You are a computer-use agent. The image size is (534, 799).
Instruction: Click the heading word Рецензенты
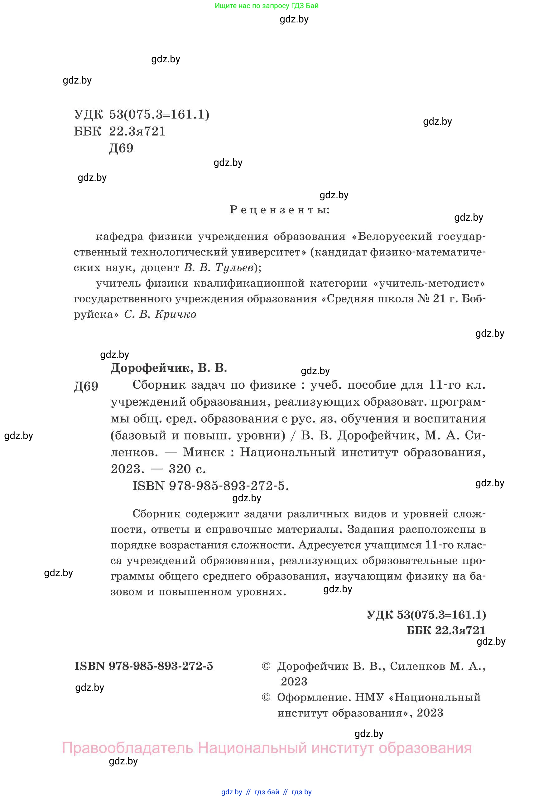pyautogui.click(x=280, y=210)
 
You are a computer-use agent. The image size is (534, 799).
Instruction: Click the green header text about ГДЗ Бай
pyautogui.click(x=266, y=6)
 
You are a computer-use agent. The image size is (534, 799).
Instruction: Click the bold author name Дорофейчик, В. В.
pyautogui.click(x=169, y=368)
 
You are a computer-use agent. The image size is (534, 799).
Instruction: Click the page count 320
pyautogui.click(x=180, y=469)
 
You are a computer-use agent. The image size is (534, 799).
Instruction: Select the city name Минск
pyautogui.click(x=204, y=452)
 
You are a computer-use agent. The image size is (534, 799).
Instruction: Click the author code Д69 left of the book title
pyautogui.click(x=86, y=386)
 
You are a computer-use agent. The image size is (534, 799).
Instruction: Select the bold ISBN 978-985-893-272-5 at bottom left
pyautogui.click(x=144, y=666)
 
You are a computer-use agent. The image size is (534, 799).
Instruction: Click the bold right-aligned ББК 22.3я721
pyautogui.click(x=446, y=630)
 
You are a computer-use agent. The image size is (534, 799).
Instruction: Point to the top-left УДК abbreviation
pyautogui.click(x=88, y=114)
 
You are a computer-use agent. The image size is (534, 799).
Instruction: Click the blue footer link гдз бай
pyautogui.click(x=267, y=792)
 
